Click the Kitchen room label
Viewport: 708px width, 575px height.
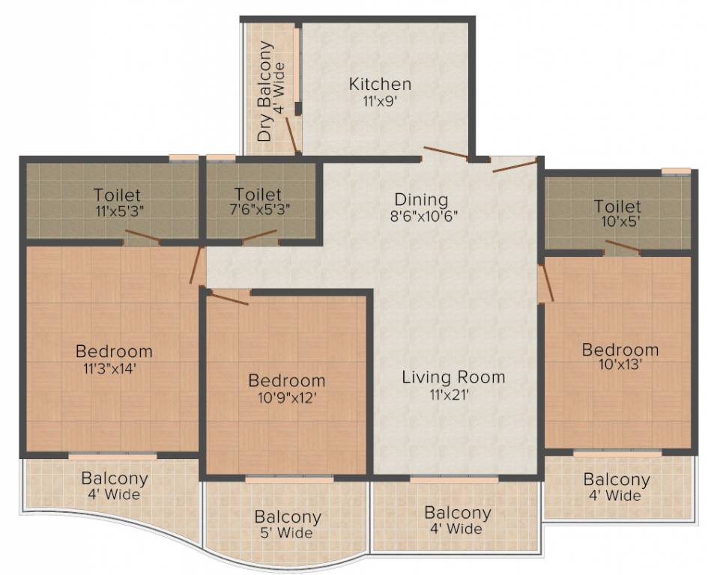380,84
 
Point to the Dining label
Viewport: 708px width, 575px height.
421,200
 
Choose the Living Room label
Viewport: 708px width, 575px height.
453,377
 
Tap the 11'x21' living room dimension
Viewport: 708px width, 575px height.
448,395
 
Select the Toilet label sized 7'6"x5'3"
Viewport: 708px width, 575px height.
258,195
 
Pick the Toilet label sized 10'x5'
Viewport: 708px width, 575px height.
617,206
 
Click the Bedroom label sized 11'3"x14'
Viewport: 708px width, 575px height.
114,350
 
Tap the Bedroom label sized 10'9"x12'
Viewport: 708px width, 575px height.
287,380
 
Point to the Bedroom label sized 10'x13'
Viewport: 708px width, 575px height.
620,350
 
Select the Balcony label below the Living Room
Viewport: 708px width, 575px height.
457,513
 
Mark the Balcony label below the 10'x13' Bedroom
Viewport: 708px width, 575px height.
617,479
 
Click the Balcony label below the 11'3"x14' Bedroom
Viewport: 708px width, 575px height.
115,478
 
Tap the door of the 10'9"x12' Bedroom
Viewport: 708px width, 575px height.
228,298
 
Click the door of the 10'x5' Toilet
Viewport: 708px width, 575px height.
623,246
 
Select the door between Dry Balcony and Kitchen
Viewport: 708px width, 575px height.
291,133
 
